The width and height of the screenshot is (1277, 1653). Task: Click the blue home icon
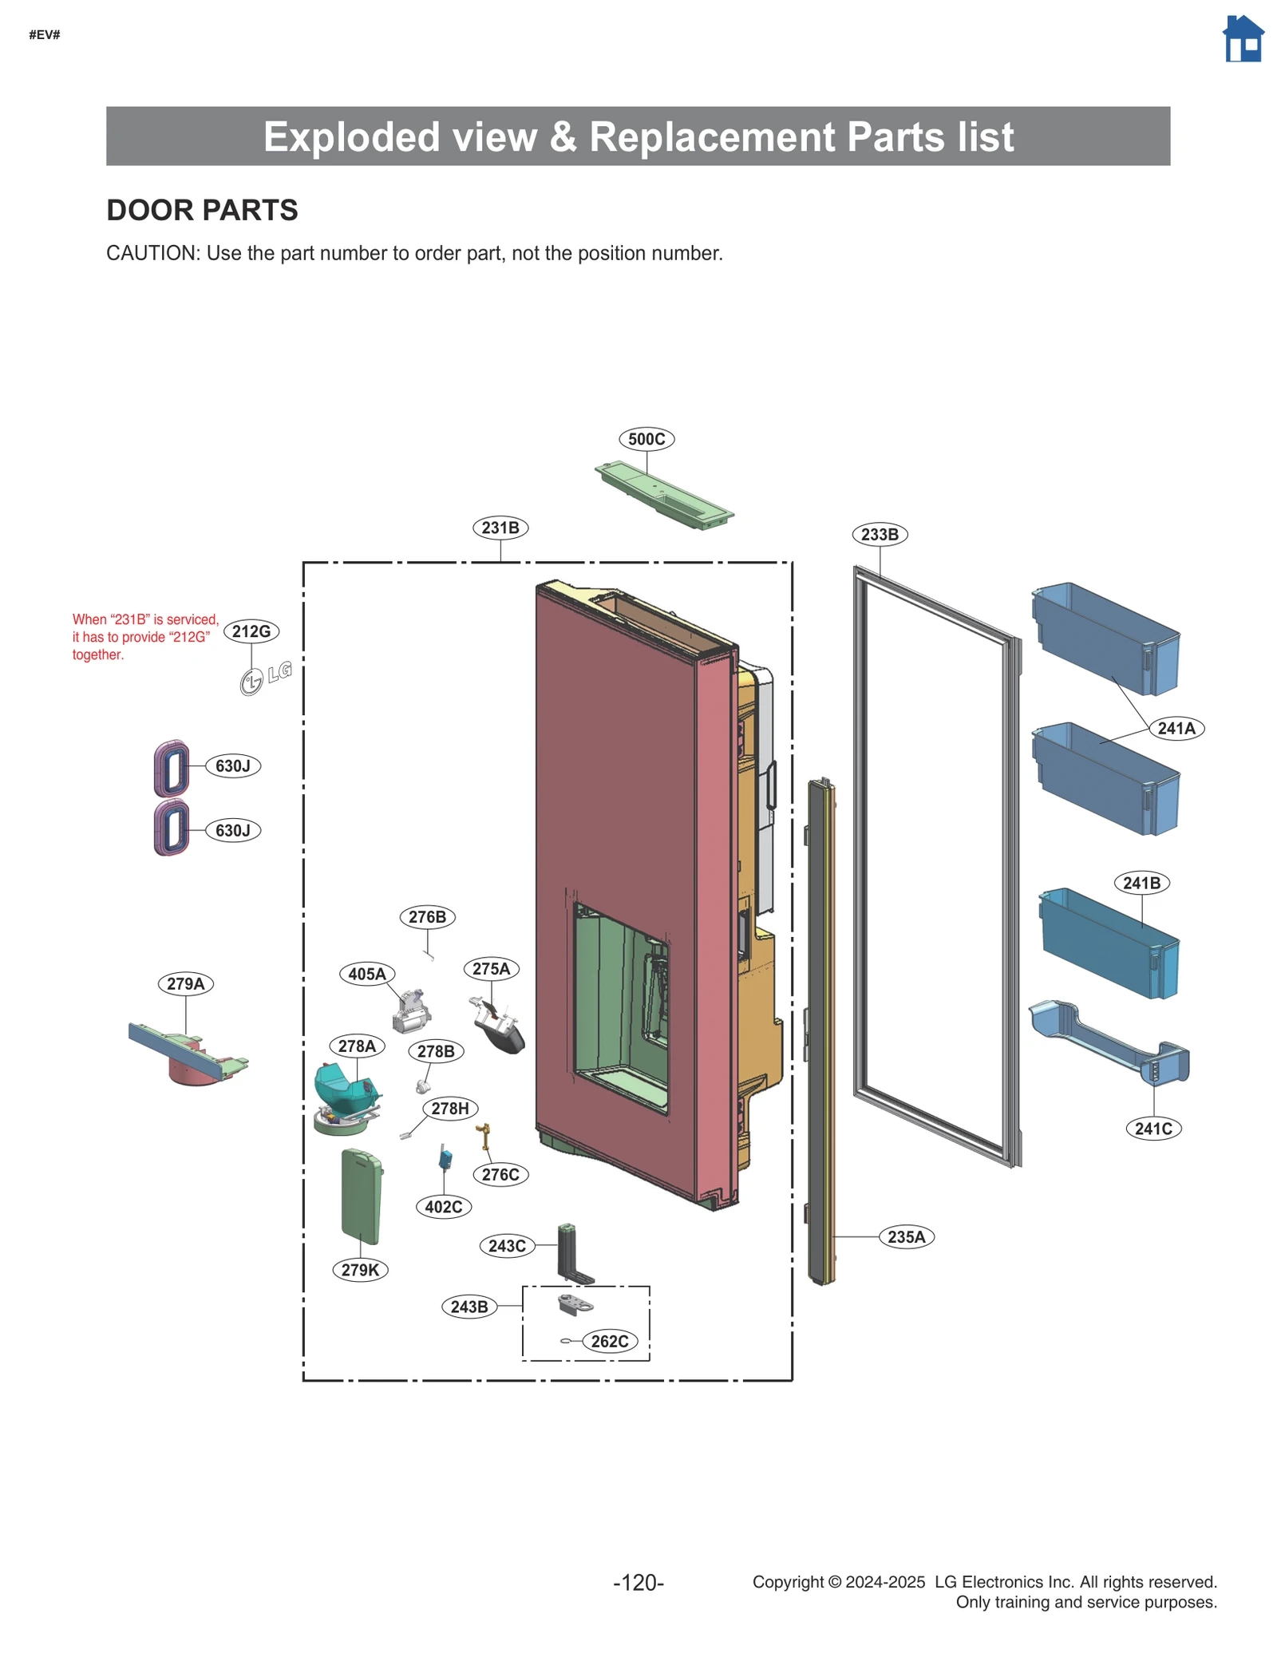(1242, 39)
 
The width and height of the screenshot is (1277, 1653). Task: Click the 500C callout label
(646, 439)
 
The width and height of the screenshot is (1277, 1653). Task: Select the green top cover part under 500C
(664, 495)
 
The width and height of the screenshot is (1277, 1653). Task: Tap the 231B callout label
(500, 528)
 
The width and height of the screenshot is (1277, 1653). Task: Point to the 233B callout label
(879, 534)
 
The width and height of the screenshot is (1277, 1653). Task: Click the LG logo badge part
(266, 678)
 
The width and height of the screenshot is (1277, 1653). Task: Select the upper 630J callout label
(233, 765)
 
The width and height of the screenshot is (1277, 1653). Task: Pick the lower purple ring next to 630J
(172, 828)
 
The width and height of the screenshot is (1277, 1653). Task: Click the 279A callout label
(186, 983)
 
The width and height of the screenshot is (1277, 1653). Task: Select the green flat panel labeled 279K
(361, 1196)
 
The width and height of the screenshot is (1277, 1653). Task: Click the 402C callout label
(444, 1206)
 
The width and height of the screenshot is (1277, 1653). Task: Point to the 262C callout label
(609, 1341)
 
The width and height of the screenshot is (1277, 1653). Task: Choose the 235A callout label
(906, 1236)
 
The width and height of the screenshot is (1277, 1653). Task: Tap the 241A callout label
(1176, 728)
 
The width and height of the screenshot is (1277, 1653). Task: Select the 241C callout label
(1153, 1128)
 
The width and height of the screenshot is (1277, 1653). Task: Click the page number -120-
(638, 1582)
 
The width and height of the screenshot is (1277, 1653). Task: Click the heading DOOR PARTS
(202, 210)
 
